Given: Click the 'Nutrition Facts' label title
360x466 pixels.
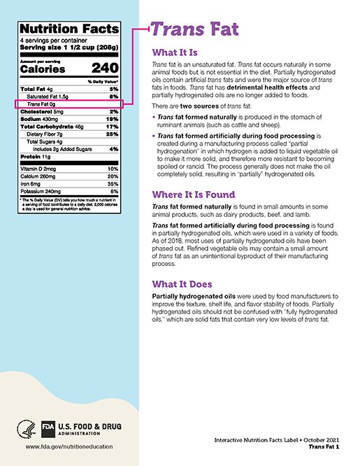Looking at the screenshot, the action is (69, 29).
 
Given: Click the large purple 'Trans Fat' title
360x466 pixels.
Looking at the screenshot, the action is (195, 29).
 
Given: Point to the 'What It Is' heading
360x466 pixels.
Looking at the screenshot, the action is (175, 52).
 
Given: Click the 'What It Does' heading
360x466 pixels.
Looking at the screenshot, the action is (182, 284).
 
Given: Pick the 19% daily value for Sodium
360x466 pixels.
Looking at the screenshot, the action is (112, 119).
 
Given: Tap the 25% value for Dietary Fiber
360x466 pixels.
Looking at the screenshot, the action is (112, 134).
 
